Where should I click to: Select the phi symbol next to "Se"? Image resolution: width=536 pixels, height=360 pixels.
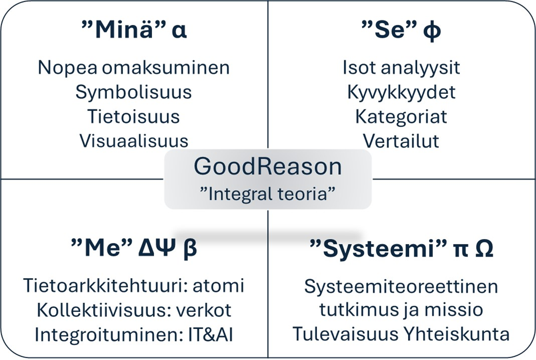click(432, 31)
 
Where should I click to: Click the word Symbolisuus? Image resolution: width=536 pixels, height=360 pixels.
click(134, 92)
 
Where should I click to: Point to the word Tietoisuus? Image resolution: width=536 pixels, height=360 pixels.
click(134, 116)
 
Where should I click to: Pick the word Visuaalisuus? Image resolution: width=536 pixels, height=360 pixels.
click(134, 141)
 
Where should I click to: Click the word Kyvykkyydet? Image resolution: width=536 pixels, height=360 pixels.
click(401, 92)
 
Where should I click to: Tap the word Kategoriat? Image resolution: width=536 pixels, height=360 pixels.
click(401, 117)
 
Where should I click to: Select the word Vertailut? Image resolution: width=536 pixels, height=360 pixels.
click(401, 141)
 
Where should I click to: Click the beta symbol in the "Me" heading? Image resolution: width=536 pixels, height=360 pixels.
click(190, 249)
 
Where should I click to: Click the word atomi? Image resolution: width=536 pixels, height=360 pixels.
click(219, 286)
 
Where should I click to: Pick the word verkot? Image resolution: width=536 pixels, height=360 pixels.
click(204, 311)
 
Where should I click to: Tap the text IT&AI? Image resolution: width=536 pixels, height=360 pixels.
click(211, 334)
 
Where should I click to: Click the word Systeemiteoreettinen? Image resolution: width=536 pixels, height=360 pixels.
click(401, 286)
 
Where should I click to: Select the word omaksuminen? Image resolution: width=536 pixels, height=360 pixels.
click(166, 67)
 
